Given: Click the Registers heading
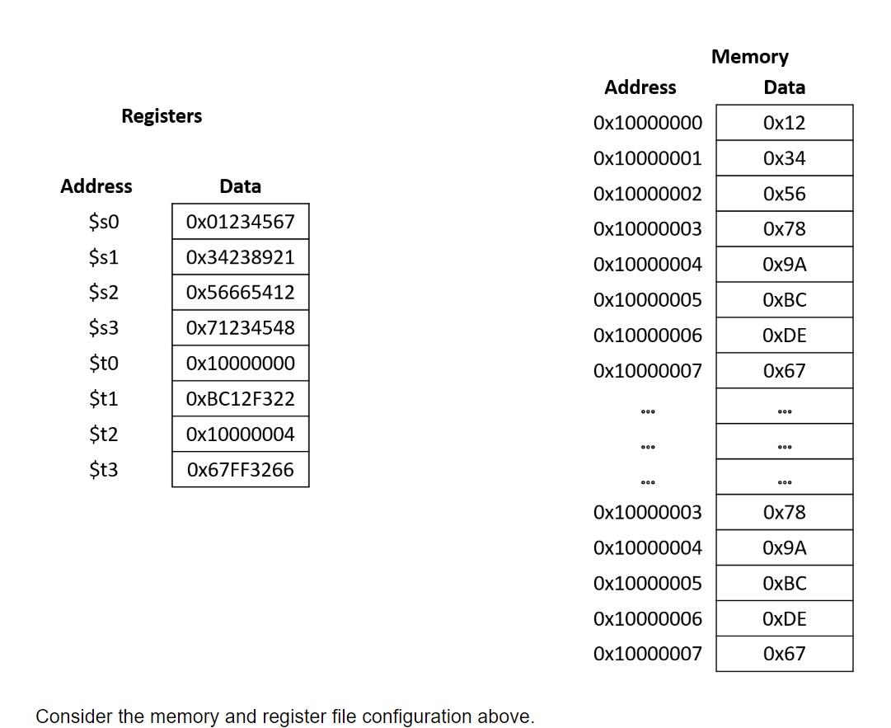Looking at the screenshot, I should [x=162, y=116].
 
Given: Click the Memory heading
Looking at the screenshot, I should [x=749, y=57].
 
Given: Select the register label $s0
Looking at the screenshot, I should [x=104, y=222].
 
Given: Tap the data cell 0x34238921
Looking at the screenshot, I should [x=240, y=257].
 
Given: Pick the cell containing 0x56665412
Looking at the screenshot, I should [x=240, y=293].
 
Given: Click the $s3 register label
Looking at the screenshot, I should [x=104, y=328].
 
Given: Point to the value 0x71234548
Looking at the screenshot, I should [x=240, y=328].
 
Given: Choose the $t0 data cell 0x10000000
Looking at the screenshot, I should [x=240, y=364].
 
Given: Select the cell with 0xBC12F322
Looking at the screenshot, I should [x=240, y=399].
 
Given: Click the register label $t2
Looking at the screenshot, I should [x=104, y=434].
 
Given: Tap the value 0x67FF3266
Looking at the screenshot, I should [x=240, y=470].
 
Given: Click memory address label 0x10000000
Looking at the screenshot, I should [x=647, y=124].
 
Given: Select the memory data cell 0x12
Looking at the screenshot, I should [x=784, y=124].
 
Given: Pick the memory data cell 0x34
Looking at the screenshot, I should [x=784, y=158].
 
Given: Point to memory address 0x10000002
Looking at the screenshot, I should [x=647, y=195].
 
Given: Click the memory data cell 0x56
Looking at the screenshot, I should [x=784, y=195].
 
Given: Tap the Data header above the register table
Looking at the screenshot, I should [x=240, y=186].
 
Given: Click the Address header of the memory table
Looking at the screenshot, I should [x=640, y=87].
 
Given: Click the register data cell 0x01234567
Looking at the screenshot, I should [x=240, y=222].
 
